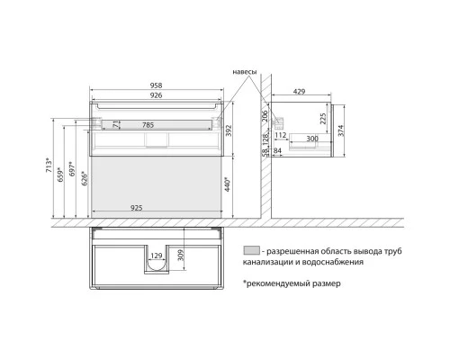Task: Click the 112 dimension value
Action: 282,135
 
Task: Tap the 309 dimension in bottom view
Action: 182,258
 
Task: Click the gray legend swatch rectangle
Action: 250,251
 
